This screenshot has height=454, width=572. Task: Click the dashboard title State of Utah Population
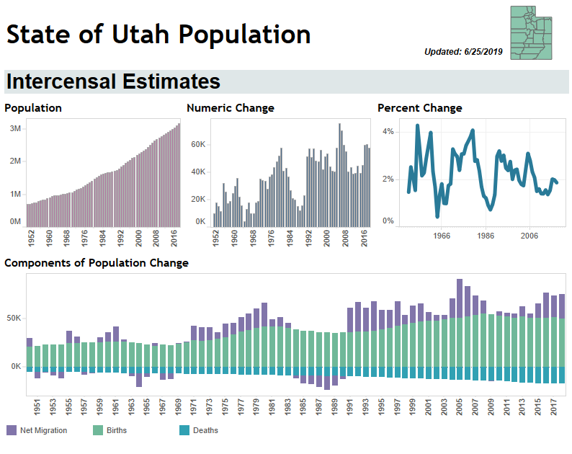[158, 34]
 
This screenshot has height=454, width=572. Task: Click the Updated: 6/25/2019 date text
[465, 51]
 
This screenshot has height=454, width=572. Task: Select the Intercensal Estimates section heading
[113, 81]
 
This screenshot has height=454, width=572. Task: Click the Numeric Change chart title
[230, 108]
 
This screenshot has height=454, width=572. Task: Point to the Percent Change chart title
[419, 108]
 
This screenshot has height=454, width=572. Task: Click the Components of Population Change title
[97, 263]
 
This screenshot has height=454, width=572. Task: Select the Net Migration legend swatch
[11, 430]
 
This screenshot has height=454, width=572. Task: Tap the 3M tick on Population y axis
[14, 128]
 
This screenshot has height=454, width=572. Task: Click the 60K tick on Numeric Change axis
[198, 145]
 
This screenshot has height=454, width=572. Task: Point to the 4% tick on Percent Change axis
[388, 132]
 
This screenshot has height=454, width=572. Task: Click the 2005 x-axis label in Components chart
[460, 407]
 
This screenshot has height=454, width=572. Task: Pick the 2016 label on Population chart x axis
[175, 239]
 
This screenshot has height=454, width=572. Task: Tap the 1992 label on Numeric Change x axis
[309, 239]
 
